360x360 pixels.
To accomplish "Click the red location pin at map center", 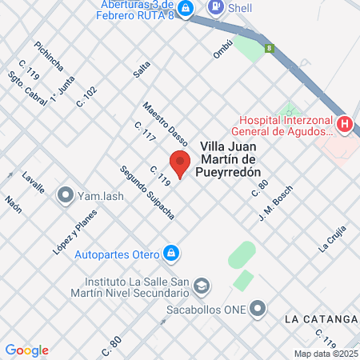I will (x=181, y=162).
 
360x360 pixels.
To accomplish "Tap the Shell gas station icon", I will (x=215, y=7).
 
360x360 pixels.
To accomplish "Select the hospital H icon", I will (x=345, y=124).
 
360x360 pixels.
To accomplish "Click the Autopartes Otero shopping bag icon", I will (x=170, y=254).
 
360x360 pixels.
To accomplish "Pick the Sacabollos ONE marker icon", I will (x=258, y=308).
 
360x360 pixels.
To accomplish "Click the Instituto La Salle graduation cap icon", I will (x=202, y=285).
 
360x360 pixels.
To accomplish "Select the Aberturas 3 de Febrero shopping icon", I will (x=186, y=9).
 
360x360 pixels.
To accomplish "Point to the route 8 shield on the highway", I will (x=270, y=48).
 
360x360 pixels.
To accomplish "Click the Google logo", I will (x=27, y=350).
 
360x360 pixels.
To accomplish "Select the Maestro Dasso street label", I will (x=160, y=118).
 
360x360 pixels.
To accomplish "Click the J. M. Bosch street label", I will (x=276, y=203).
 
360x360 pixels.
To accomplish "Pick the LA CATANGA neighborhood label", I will (x=320, y=318).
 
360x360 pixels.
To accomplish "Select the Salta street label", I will (x=142, y=69).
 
